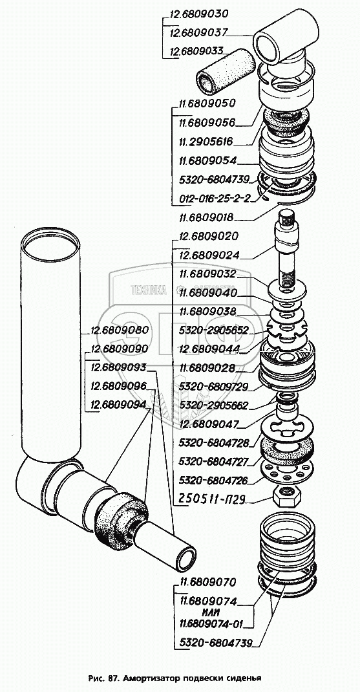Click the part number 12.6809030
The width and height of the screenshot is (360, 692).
198,14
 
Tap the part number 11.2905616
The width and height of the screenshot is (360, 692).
206,142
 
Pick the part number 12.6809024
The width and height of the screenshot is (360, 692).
209,255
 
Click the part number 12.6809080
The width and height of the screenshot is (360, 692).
120,330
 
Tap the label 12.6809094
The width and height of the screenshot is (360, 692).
119,404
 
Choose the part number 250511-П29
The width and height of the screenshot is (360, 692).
212,499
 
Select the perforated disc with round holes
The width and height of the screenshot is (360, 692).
287,471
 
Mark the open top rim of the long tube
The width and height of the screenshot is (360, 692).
52,244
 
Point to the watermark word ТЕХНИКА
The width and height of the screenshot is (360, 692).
149,290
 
